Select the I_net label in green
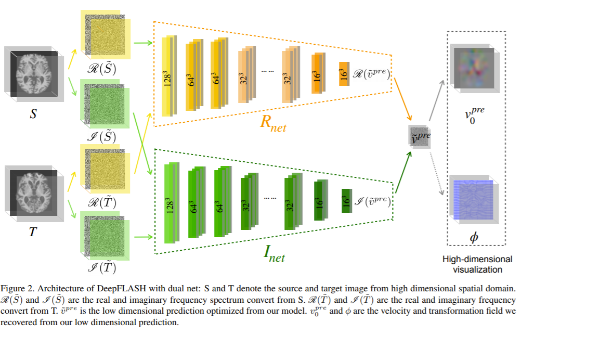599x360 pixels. pos(275,253)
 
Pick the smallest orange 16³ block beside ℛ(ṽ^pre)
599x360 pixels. pos(344,74)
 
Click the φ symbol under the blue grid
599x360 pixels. pos(474,237)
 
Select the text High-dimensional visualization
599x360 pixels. pos(477,264)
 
